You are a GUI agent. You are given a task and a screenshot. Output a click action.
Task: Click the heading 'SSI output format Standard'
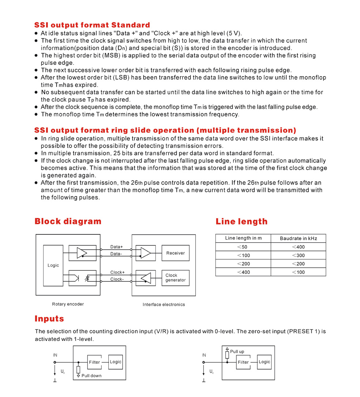click(x=92, y=25)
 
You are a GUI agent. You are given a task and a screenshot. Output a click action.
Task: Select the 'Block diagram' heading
click(x=68, y=221)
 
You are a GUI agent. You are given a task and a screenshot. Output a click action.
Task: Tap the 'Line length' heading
click(x=241, y=222)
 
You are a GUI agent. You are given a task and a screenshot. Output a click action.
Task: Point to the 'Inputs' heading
click(x=49, y=318)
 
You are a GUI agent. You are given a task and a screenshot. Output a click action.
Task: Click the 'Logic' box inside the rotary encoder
click(x=53, y=265)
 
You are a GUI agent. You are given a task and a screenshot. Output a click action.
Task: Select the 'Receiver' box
click(x=175, y=253)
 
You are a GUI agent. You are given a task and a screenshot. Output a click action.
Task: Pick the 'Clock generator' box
click(x=175, y=278)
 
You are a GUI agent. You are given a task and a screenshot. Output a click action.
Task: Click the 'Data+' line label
click(x=117, y=247)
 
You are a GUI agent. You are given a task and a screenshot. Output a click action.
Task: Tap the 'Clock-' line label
click(x=117, y=279)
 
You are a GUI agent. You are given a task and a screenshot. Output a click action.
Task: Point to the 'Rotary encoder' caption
click(x=68, y=304)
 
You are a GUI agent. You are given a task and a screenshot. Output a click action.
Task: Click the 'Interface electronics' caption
click(x=164, y=304)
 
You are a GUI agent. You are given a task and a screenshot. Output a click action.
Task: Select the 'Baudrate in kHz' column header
click(x=298, y=238)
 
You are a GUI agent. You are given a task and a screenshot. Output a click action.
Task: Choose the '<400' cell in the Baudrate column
click(x=298, y=247)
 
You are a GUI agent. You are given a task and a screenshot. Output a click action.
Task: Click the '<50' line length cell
click(x=243, y=247)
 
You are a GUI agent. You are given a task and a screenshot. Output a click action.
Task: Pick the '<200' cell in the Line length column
click(x=243, y=264)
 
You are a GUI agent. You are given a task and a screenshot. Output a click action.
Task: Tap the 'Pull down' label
click(x=91, y=376)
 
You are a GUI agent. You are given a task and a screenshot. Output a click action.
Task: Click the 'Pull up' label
click(x=237, y=352)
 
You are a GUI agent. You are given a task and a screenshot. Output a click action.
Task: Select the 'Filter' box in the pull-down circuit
click(x=94, y=362)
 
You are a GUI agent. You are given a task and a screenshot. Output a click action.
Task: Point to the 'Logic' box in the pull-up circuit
click(x=264, y=362)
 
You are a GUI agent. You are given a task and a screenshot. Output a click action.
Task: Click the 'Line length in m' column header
click(x=243, y=238)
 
